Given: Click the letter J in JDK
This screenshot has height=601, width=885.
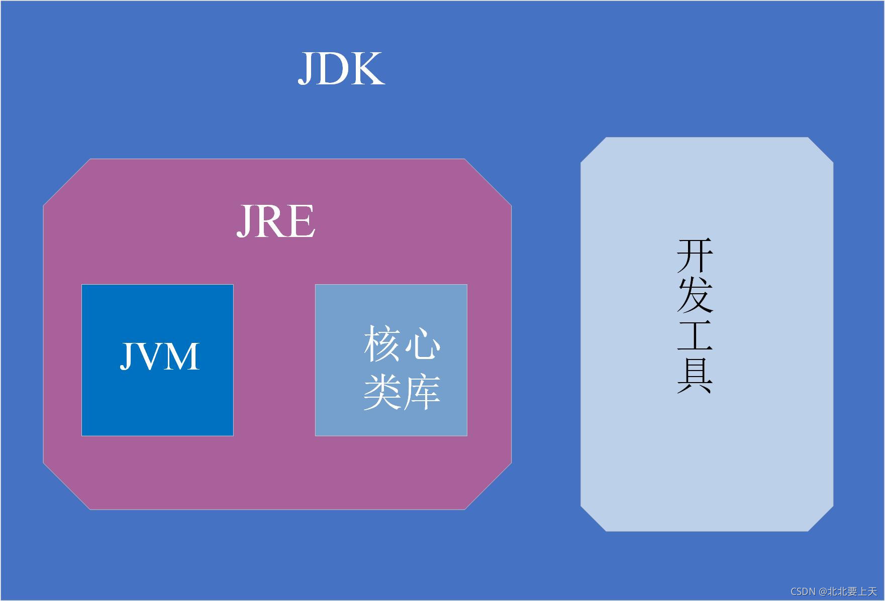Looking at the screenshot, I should click(308, 69).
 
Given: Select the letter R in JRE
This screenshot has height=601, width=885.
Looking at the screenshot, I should click(271, 221).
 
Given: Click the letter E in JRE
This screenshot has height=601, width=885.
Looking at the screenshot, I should click(301, 221).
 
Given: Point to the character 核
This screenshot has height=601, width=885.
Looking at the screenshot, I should click(381, 344).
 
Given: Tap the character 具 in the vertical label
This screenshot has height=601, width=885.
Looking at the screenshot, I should click(695, 375).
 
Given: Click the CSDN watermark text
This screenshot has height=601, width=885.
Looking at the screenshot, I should click(803, 591).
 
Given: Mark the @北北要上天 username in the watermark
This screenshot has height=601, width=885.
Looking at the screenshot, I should click(848, 591).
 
